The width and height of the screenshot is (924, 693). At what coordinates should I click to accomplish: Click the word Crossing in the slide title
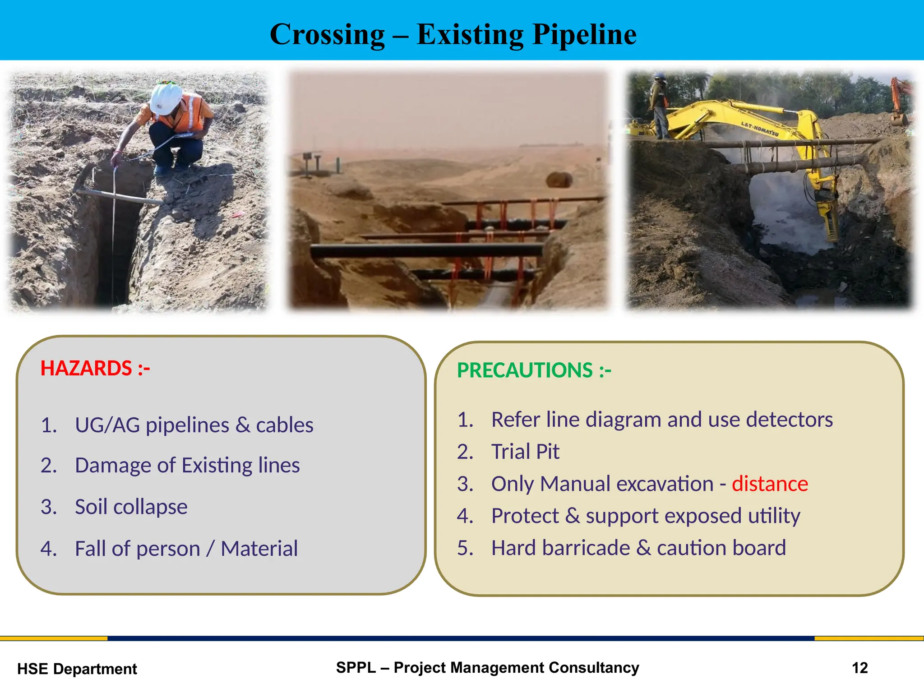click(327, 35)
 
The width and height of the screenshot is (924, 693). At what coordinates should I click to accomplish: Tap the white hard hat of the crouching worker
click(166, 98)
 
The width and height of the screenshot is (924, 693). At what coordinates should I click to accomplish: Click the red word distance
click(770, 484)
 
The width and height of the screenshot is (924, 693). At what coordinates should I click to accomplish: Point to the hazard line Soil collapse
click(131, 507)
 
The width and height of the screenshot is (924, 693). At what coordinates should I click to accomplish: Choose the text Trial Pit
click(525, 452)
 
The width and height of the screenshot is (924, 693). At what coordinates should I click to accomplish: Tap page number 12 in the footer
click(859, 668)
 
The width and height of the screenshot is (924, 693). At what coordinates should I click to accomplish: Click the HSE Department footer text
click(77, 669)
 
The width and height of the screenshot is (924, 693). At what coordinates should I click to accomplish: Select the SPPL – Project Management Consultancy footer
click(487, 667)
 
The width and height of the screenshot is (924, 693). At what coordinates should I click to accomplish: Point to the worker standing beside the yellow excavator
click(659, 106)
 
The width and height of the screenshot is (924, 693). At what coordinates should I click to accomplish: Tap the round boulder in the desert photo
click(559, 180)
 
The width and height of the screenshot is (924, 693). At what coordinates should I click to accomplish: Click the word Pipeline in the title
click(584, 35)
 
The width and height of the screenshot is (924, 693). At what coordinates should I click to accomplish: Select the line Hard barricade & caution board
click(638, 548)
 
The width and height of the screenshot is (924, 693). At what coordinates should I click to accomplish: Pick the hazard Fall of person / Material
click(186, 549)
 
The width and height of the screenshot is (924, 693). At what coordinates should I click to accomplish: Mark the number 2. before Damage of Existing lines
click(48, 465)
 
